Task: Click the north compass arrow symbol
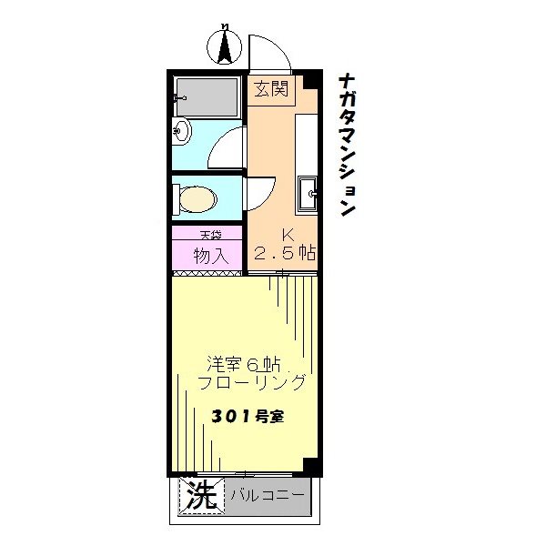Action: (x=224, y=45)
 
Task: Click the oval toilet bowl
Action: (x=197, y=198)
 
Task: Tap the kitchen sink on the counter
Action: (x=308, y=192)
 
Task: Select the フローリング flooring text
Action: (x=252, y=382)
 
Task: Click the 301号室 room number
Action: (x=248, y=418)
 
